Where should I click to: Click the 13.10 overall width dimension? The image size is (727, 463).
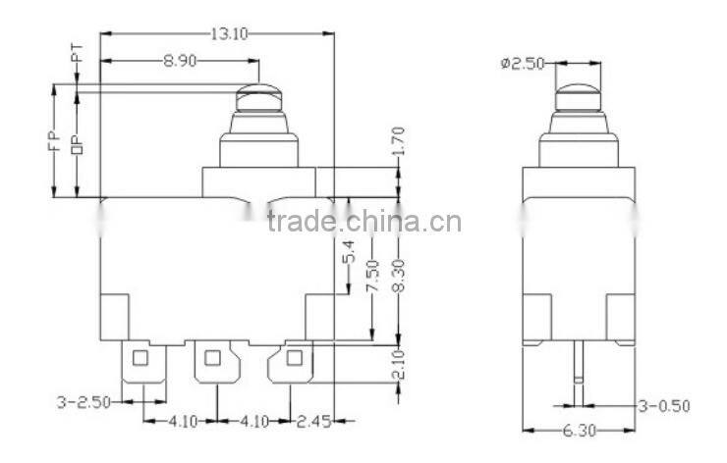tap(227, 33)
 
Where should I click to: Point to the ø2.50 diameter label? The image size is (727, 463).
tap(522, 64)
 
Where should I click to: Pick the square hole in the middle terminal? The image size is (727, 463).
tap(210, 358)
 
